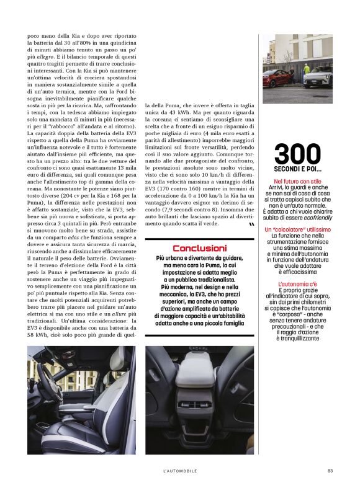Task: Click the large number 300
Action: pyautogui.click(x=298, y=154)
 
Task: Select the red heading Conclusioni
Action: pyautogui.click(x=199, y=248)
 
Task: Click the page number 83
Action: pyautogui.click(x=330, y=471)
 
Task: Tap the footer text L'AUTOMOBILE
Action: pyautogui.click(x=180, y=471)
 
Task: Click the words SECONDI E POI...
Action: pyautogui.click(x=298, y=169)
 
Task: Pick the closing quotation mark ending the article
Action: pyautogui.click(x=251, y=225)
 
